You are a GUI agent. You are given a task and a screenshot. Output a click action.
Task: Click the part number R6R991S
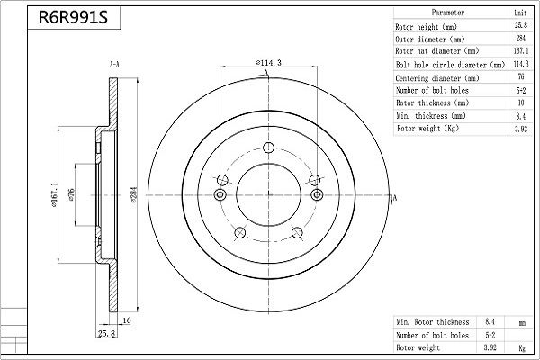[73, 17]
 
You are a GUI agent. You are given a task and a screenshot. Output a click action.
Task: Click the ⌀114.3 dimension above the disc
[268, 62]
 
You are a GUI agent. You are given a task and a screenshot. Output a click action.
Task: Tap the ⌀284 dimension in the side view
[134, 194]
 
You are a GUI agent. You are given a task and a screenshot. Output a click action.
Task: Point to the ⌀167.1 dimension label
[54, 194]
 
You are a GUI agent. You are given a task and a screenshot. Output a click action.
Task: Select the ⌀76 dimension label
[71, 194]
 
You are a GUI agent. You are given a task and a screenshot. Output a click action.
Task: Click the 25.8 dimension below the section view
[107, 333]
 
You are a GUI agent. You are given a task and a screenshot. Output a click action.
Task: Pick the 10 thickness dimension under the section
[127, 320]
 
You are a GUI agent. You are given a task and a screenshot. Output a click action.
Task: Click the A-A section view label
[114, 65]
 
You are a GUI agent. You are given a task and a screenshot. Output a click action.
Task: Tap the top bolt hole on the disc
[268, 148]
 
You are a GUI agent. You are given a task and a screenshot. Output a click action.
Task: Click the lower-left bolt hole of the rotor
[239, 232]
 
